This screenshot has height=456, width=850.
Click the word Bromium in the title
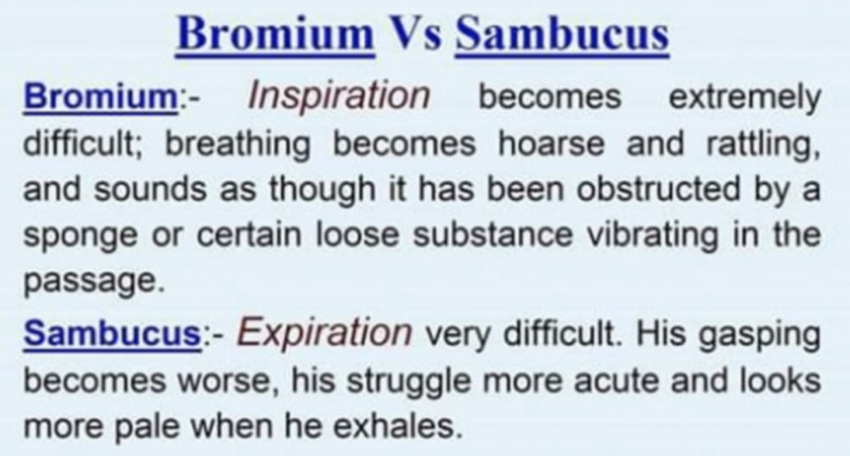pos(276,34)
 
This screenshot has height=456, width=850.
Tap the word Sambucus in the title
pos(562,34)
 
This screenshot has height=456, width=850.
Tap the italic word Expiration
pos(324,334)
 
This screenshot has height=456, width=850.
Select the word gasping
pos(759,336)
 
